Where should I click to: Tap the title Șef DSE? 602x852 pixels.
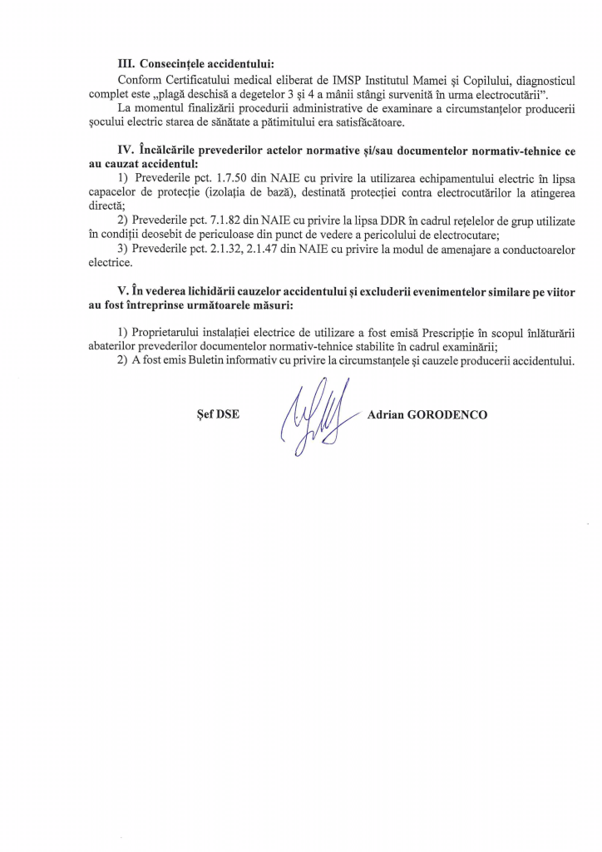point(218,414)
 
